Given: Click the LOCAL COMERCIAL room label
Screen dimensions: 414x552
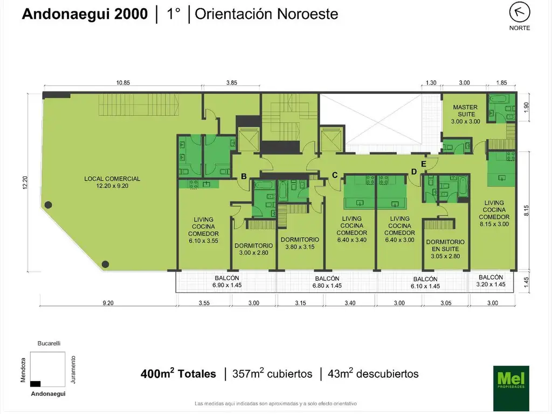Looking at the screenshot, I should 112,182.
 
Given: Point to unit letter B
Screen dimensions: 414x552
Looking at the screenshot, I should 244,176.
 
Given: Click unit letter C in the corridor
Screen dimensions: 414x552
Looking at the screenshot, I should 334,175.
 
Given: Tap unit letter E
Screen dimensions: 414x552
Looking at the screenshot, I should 424,164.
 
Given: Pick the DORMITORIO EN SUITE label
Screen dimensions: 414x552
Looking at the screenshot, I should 445,249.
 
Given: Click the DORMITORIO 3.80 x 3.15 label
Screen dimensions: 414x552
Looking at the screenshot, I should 300,243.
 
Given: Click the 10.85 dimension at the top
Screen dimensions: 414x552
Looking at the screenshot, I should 123,83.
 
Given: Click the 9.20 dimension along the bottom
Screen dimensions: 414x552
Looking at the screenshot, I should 108,303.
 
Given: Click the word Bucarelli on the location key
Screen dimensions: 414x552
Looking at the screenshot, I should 47,343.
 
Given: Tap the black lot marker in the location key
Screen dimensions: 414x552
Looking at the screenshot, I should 36,383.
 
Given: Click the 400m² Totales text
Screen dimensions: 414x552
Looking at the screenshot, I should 178,374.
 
